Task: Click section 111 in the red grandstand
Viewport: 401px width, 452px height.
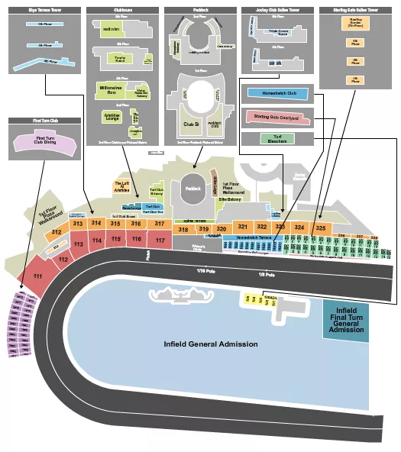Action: (x=37, y=276)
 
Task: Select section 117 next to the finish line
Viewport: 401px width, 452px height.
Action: (x=160, y=240)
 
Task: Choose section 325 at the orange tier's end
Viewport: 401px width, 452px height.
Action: (x=321, y=228)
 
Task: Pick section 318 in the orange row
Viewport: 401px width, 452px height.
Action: (x=183, y=229)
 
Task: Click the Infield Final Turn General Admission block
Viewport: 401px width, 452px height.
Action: (x=344, y=319)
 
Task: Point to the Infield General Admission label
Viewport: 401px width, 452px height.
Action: (x=211, y=344)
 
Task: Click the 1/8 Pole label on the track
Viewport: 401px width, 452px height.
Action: (x=265, y=273)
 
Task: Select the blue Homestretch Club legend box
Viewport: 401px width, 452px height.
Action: (x=277, y=94)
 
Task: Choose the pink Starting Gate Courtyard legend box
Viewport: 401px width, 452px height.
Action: (x=279, y=118)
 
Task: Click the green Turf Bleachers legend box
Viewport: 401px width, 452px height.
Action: (x=277, y=139)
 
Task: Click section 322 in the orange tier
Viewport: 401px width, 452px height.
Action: (x=262, y=227)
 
